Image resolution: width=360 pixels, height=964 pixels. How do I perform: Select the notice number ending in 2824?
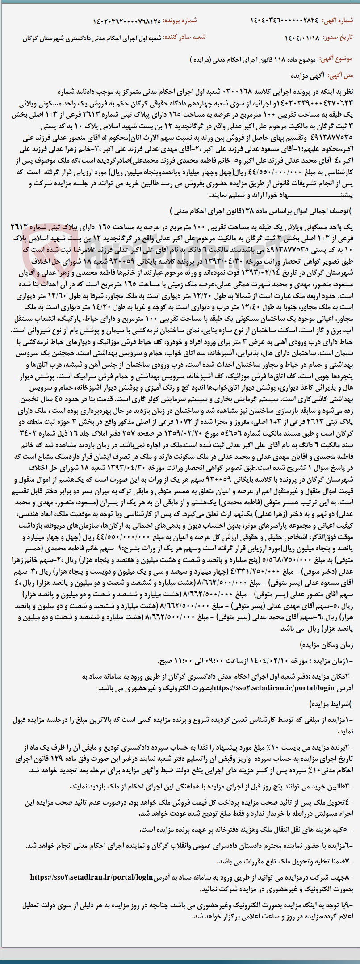click(x=286, y=21)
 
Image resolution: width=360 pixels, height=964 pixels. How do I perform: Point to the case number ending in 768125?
click(x=127, y=21)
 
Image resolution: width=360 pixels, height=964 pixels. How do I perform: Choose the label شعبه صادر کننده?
click(x=184, y=38)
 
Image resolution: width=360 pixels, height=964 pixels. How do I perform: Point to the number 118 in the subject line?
click(x=279, y=59)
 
